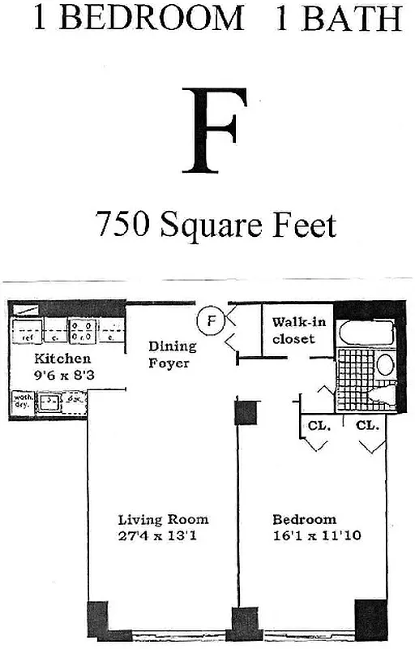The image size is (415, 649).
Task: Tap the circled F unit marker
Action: point(211,320)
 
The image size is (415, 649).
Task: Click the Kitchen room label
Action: point(62,359)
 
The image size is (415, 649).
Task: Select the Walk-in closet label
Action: point(298,330)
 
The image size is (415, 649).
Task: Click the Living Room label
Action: point(163,519)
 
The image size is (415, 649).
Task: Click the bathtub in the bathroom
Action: point(364,333)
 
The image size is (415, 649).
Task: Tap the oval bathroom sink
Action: point(385,364)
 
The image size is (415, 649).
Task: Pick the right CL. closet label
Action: point(367,425)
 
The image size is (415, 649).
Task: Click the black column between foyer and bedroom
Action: point(245,414)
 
